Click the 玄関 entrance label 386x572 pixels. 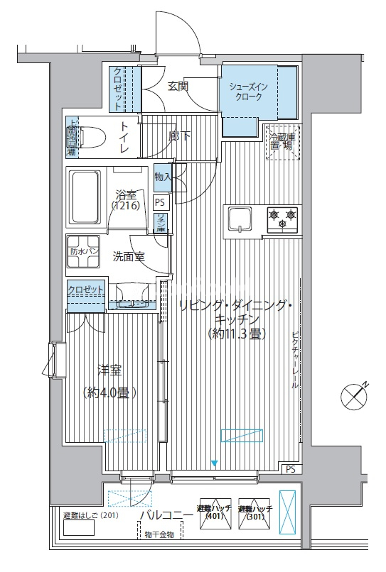tap(178, 86)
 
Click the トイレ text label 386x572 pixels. tap(124, 138)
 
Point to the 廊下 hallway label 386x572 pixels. tap(179, 135)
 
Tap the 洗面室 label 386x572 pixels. tap(129, 257)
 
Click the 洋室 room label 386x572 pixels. tap(109, 370)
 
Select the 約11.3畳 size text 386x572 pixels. tap(236, 334)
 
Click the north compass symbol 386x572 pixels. tap(355, 395)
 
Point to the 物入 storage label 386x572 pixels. tap(162, 177)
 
